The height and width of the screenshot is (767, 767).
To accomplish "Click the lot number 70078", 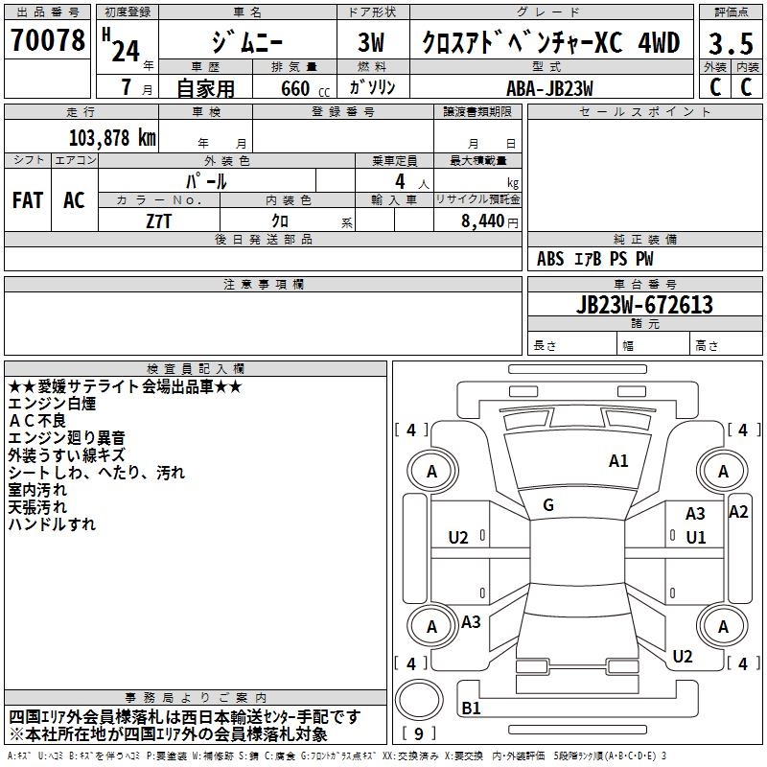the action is coord(47,41).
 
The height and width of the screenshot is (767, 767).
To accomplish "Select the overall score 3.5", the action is coord(730,43).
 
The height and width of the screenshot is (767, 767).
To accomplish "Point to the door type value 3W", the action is coord(373,44).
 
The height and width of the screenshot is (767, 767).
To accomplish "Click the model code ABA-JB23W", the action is coord(550,87).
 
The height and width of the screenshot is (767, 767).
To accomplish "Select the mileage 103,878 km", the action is coord(112,137).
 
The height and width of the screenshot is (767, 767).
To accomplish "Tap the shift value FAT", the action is coord(27,200).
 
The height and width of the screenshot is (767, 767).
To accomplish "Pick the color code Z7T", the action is coord(158,220).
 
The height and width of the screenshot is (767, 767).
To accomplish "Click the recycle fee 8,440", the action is coord(484,221).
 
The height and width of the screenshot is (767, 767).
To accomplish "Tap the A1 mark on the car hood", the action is coord(618,461).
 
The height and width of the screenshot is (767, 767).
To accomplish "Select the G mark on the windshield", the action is coord(548,505).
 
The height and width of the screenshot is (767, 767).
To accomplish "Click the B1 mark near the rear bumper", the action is coord(472,709).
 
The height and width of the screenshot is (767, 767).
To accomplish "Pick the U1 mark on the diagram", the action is coord(695,537).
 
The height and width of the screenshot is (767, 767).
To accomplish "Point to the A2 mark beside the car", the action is coord(738,511).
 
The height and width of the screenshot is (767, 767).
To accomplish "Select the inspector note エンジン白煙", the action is coord(52,404).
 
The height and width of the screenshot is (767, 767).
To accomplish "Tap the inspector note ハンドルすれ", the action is coord(52,524).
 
